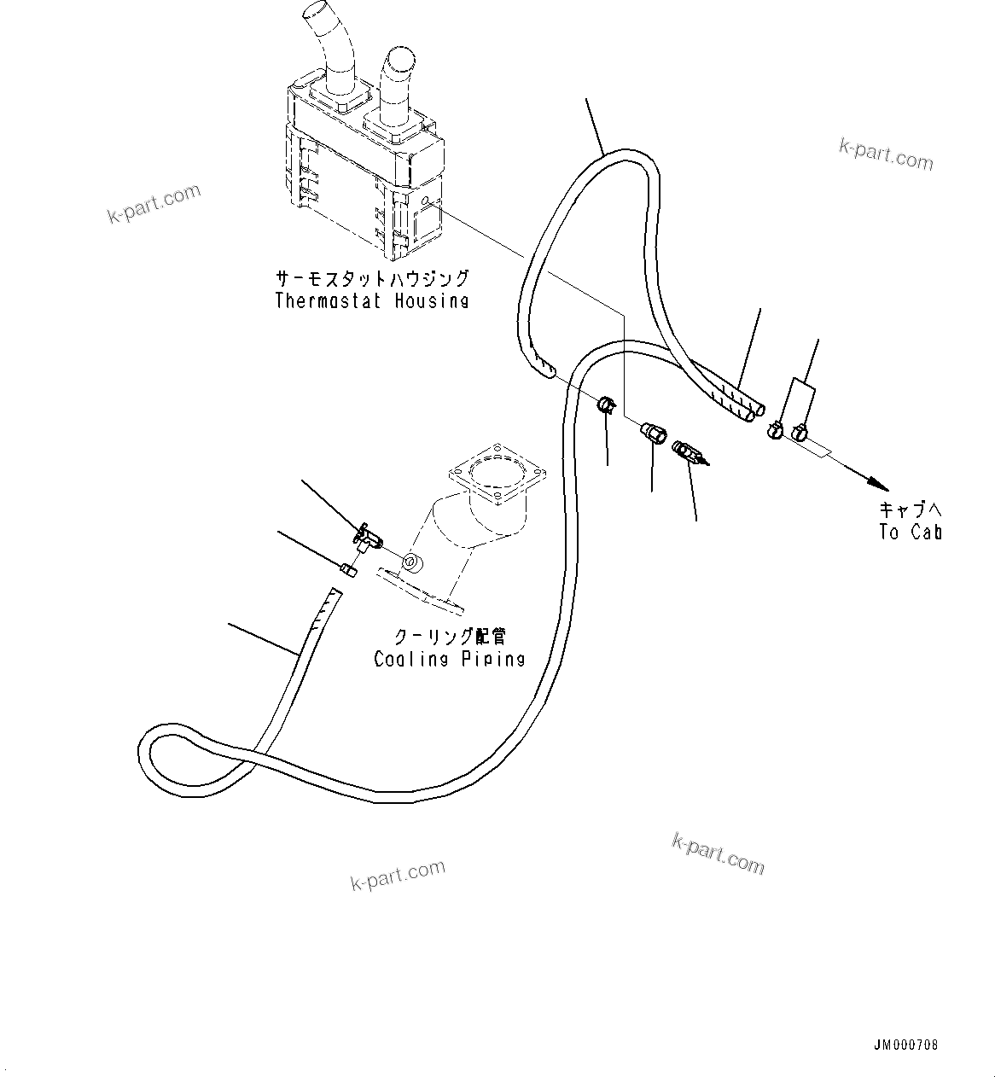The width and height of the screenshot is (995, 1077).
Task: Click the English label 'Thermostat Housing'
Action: pos(371,300)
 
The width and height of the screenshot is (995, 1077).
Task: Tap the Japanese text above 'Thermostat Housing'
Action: pos(371,279)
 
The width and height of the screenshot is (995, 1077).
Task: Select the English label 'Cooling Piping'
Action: pos(449,659)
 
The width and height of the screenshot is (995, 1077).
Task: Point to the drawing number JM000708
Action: pos(905,1045)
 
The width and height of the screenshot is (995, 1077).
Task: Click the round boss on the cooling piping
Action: pos(411,562)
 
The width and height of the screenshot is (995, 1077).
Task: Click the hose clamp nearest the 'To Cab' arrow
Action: pos(800,433)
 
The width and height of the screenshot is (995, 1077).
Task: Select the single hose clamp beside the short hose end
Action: pos(606,405)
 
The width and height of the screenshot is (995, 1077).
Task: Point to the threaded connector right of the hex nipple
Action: pos(688,452)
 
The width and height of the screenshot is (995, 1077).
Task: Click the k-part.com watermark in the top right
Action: pos(886,155)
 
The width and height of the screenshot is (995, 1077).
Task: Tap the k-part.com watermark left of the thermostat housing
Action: pos(154,203)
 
